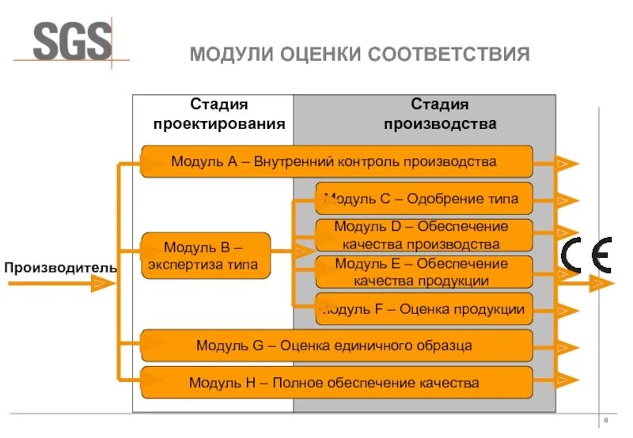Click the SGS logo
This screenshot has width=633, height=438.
tap(73, 41)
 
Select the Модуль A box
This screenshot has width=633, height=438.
tap(336, 162)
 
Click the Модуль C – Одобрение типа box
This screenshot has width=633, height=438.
tap(423, 198)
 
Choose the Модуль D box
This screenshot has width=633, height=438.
tap(423, 235)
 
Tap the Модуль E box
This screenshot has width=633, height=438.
tap(423, 271)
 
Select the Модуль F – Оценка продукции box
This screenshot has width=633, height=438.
tap(423, 309)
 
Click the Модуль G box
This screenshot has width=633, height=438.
tap(336, 345)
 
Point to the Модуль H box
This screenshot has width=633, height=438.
tap(336, 383)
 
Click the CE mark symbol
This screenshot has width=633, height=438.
tap(586, 255)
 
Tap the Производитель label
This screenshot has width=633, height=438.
tap(60, 267)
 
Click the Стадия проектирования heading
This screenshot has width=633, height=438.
tap(219, 114)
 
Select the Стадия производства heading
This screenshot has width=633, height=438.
tap(440, 114)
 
